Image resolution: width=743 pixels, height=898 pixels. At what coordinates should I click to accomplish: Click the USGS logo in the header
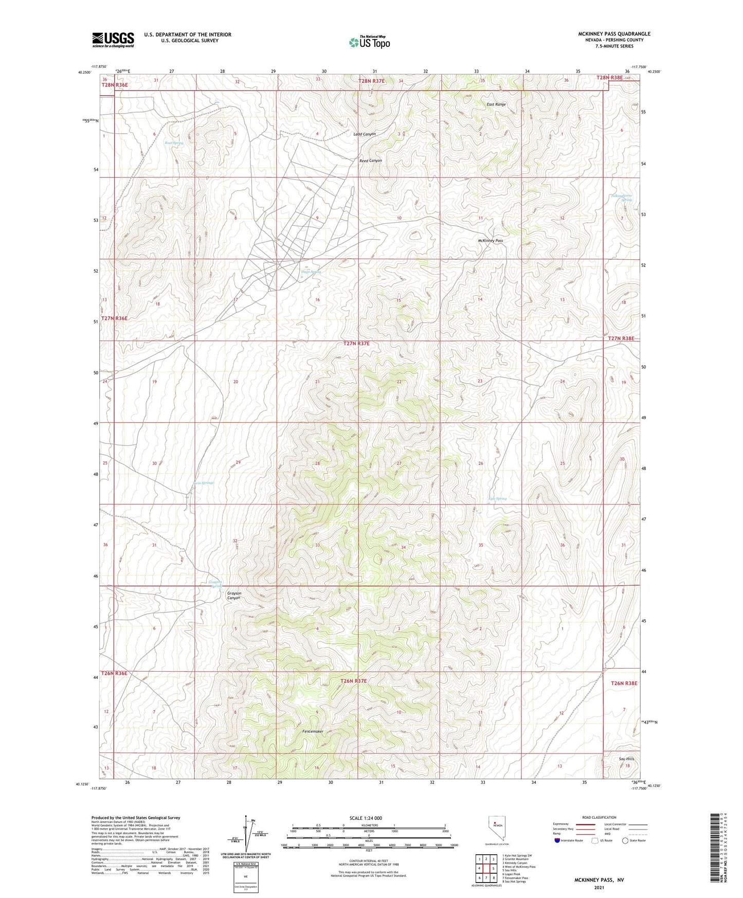[x=113, y=39]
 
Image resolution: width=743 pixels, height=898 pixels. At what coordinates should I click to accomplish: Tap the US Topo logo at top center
[x=369, y=42]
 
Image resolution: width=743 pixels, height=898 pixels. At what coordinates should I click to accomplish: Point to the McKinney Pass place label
[x=490, y=241]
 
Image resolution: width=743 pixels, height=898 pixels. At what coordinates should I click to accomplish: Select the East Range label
[x=496, y=104]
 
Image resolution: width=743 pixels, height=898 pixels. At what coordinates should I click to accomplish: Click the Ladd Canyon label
[x=365, y=134]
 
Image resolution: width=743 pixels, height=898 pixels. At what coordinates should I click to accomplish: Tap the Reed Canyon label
[x=370, y=161]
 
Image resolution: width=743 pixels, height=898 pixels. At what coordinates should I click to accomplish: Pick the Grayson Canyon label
[x=234, y=596]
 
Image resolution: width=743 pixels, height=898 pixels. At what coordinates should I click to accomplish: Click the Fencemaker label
[x=313, y=731]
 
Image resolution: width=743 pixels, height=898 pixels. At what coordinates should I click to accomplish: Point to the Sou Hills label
[x=626, y=759]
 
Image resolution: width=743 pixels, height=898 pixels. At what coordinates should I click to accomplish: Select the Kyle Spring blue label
[x=497, y=498]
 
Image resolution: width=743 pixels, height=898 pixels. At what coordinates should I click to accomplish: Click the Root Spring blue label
[x=174, y=143]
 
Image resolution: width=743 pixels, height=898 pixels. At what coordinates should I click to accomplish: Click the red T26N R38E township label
[x=624, y=684]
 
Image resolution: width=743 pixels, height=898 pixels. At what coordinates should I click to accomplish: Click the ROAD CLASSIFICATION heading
[x=599, y=818]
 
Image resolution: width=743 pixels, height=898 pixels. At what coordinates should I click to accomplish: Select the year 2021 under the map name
[x=599, y=888]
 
